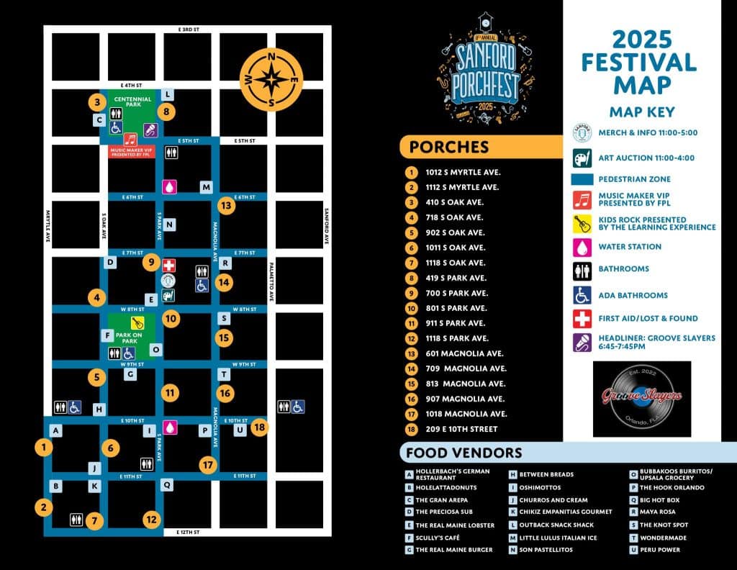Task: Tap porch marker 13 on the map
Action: [227, 206]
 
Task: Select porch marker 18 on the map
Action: [260, 427]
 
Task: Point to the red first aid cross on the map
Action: [169, 265]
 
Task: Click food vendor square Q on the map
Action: [167, 484]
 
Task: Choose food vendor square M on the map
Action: [207, 187]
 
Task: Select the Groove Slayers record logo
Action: [641, 398]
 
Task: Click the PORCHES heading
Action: [448, 148]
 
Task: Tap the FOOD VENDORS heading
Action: [464, 453]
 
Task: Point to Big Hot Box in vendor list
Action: [659, 499]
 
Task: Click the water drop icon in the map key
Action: [582, 247]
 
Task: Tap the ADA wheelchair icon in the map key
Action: [582, 295]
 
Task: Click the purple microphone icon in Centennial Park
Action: [151, 130]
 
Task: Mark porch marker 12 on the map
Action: [151, 519]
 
